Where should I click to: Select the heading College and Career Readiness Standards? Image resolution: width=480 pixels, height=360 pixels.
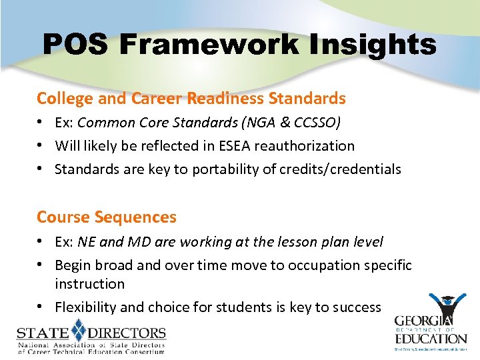tap(191, 99)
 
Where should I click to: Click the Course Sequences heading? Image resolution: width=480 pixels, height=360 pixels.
tap(107, 217)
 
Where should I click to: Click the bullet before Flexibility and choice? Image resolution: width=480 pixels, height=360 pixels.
tap(41, 307)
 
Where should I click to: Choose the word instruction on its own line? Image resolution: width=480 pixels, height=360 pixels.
tap(89, 284)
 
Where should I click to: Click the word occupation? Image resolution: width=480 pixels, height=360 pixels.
tap(327, 265)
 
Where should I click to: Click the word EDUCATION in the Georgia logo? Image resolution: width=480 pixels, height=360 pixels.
tap(430, 337)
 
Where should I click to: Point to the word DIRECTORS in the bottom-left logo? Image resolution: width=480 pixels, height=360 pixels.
tap(127, 332)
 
